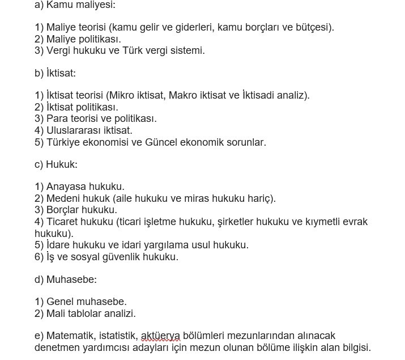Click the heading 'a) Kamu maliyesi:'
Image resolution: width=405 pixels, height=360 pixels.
pyautogui.click(x=75, y=5)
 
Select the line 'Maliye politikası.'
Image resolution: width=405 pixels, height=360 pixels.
pyautogui.click(x=83, y=39)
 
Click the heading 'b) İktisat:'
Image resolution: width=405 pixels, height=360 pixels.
pyautogui.click(x=55, y=73)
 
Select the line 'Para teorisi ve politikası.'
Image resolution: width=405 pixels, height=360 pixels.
pyautogui.click(x=101, y=118)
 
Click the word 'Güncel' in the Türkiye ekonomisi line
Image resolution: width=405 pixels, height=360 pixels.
pyautogui.click(x=162, y=142)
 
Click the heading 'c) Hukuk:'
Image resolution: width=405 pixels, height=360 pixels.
pyautogui.click(x=56, y=164)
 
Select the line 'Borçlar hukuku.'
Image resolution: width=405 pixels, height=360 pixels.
pyautogui.click(x=82, y=210)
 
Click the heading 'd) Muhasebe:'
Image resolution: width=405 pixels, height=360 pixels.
pyautogui.click(x=66, y=279)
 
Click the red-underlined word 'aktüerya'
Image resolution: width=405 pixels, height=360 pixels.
pyautogui.click(x=160, y=336)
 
